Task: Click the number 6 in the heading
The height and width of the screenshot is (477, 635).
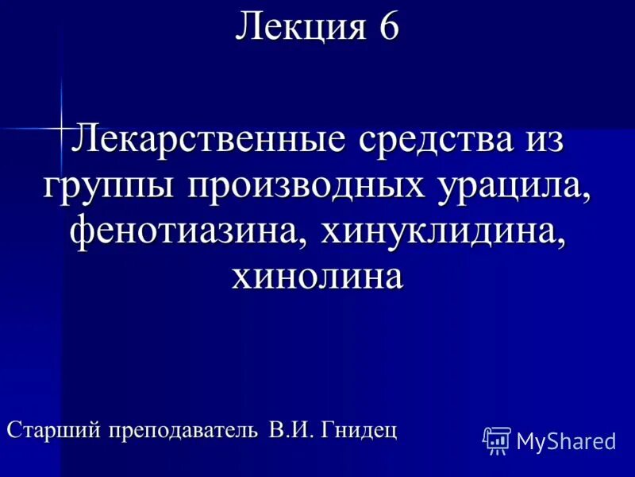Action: [x=388, y=27]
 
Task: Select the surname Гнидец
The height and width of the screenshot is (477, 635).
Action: [x=360, y=430]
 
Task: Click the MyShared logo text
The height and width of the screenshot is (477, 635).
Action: [x=566, y=442]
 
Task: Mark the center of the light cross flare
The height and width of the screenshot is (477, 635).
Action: [x=61, y=126]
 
